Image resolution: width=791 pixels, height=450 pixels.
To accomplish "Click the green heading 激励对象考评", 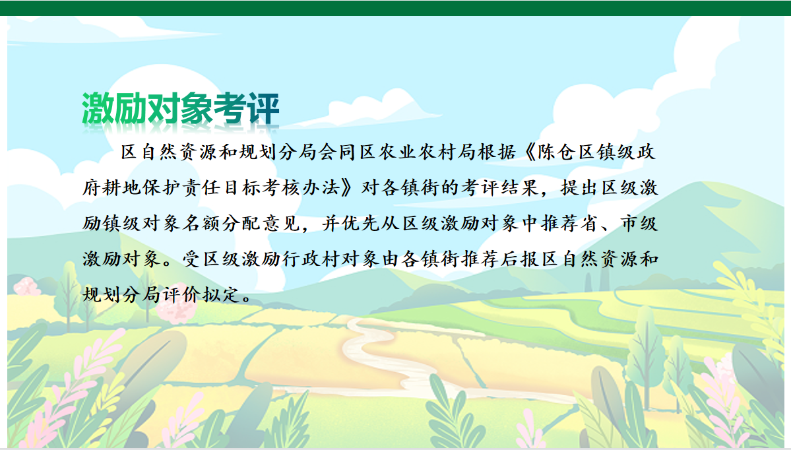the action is click(181, 108).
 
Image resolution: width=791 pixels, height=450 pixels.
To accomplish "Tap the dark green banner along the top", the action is click(396, 8).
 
